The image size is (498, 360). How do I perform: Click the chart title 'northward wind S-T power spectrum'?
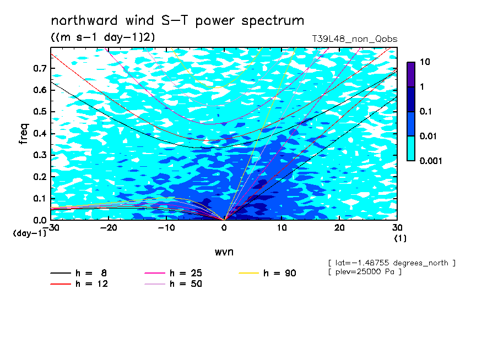point(177,21)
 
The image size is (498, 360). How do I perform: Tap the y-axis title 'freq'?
point(24,134)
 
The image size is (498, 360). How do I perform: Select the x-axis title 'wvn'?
point(224,252)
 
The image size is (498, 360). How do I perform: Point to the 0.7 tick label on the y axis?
point(40,68)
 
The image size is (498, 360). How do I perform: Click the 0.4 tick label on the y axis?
point(40,133)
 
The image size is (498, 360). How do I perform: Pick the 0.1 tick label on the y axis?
point(40,198)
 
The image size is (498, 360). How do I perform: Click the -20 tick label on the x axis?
point(109,228)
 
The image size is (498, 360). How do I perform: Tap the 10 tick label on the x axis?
point(282,228)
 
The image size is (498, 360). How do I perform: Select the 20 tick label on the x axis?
point(339,228)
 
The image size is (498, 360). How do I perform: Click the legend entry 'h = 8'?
point(78,273)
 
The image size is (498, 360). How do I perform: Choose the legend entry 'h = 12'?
point(79,283)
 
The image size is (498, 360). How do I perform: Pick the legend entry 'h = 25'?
point(173,273)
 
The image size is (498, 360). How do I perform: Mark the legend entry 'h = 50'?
point(173,283)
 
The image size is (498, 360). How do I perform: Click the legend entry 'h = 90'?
point(267,273)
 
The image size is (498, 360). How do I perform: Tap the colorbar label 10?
point(425,62)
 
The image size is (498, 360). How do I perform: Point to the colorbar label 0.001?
point(431,161)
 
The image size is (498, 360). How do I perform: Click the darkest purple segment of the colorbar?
point(411,74)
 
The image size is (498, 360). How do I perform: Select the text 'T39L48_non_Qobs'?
point(354,39)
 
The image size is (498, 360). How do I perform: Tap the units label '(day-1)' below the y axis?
point(29,233)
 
